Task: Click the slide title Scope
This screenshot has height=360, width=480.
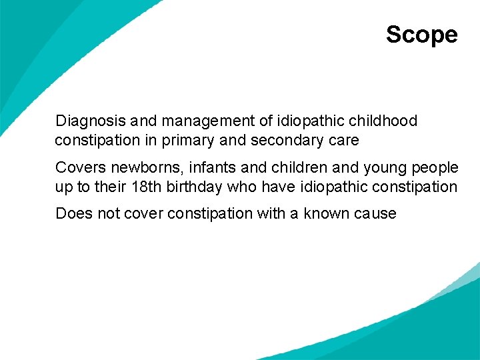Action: [x=421, y=35]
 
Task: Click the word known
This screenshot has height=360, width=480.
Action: [x=328, y=213]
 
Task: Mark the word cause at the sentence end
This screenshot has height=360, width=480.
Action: [x=375, y=213]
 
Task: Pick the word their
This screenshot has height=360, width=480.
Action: [x=111, y=187]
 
